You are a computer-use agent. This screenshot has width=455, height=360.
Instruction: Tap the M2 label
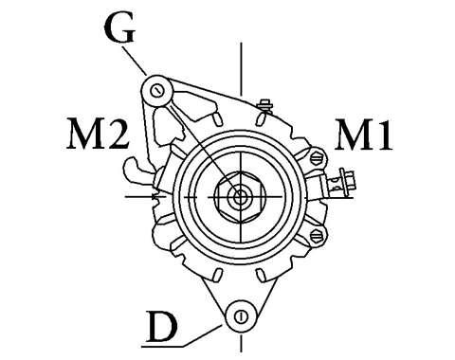[x=98, y=133]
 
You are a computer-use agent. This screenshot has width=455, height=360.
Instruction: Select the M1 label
[x=363, y=135]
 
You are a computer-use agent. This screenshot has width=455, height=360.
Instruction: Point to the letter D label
[x=161, y=327]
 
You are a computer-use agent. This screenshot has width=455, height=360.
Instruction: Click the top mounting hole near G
[x=156, y=91]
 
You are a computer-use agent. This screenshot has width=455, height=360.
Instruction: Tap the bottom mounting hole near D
[x=241, y=316]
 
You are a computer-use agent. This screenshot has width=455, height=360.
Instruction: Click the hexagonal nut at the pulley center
[x=240, y=197]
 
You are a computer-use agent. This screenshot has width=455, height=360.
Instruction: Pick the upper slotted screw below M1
[x=317, y=157]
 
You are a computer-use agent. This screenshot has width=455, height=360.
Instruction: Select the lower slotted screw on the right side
[x=317, y=235]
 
